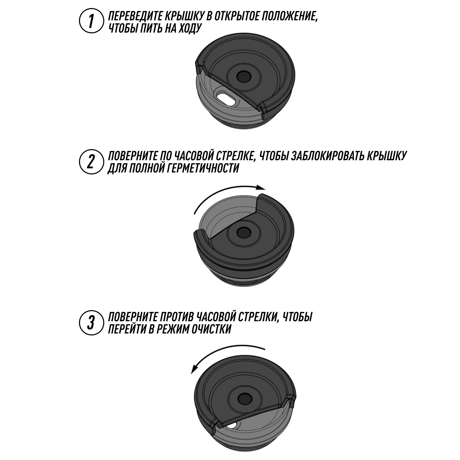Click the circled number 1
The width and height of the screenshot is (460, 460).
[x=92, y=21]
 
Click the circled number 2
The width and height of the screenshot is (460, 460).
[x=92, y=162]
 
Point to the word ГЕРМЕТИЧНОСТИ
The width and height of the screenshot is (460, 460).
[x=201, y=168]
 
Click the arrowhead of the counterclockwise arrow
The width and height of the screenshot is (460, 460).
[x=194, y=376]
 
